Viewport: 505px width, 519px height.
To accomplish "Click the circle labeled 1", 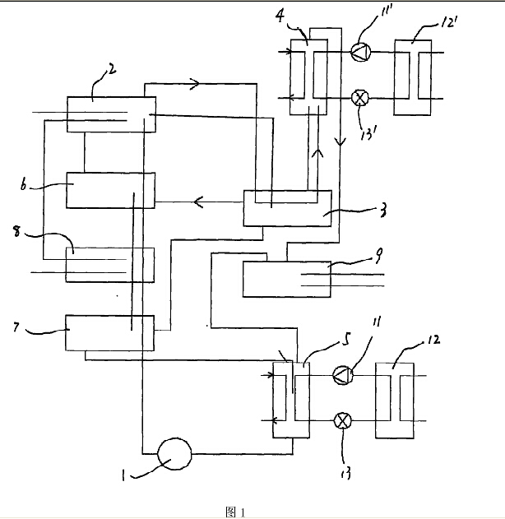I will coord(174,452).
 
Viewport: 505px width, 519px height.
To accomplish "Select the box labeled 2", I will coord(110,114).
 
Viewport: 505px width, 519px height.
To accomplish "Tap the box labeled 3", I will coord(287,209).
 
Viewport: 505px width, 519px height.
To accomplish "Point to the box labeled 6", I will coord(110,191).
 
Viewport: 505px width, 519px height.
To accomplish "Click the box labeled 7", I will coord(109,333).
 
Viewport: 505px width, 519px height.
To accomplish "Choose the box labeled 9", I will coord(287,278).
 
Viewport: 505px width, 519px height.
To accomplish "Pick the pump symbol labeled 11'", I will coord(360,51).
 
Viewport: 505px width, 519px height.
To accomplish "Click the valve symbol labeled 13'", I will coord(359,97).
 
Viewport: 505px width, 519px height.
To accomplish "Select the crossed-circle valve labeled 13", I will coord(342,420).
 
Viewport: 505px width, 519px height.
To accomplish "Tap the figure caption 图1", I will coord(235,512).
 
